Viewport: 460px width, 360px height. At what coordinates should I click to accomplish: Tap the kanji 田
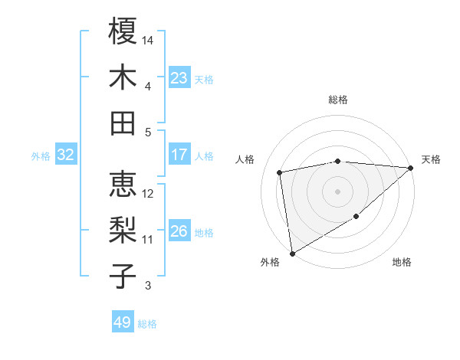123,123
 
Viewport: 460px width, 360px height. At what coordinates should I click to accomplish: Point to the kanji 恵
123,185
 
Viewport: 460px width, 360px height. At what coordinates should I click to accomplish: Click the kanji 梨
123,230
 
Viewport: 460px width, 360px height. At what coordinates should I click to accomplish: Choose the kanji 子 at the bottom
123,276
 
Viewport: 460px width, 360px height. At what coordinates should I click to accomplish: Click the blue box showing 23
179,78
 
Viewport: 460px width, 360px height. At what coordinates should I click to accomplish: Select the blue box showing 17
179,155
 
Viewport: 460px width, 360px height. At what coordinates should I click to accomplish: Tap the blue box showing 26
179,231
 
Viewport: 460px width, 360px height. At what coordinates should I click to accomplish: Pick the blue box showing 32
65,155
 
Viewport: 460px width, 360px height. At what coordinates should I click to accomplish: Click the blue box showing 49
123,322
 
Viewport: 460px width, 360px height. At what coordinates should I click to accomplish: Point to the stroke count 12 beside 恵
149,194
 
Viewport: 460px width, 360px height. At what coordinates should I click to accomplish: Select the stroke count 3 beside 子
148,286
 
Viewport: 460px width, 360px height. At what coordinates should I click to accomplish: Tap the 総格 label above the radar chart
338,100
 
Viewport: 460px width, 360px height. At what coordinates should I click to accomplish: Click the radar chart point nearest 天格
411,168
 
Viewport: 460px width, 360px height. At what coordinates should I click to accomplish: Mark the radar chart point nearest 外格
292,253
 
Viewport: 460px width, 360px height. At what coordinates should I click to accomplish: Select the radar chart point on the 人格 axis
280,172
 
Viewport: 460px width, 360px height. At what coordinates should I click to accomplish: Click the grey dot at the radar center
338,191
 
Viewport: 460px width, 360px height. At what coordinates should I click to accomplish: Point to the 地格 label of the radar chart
402,263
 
